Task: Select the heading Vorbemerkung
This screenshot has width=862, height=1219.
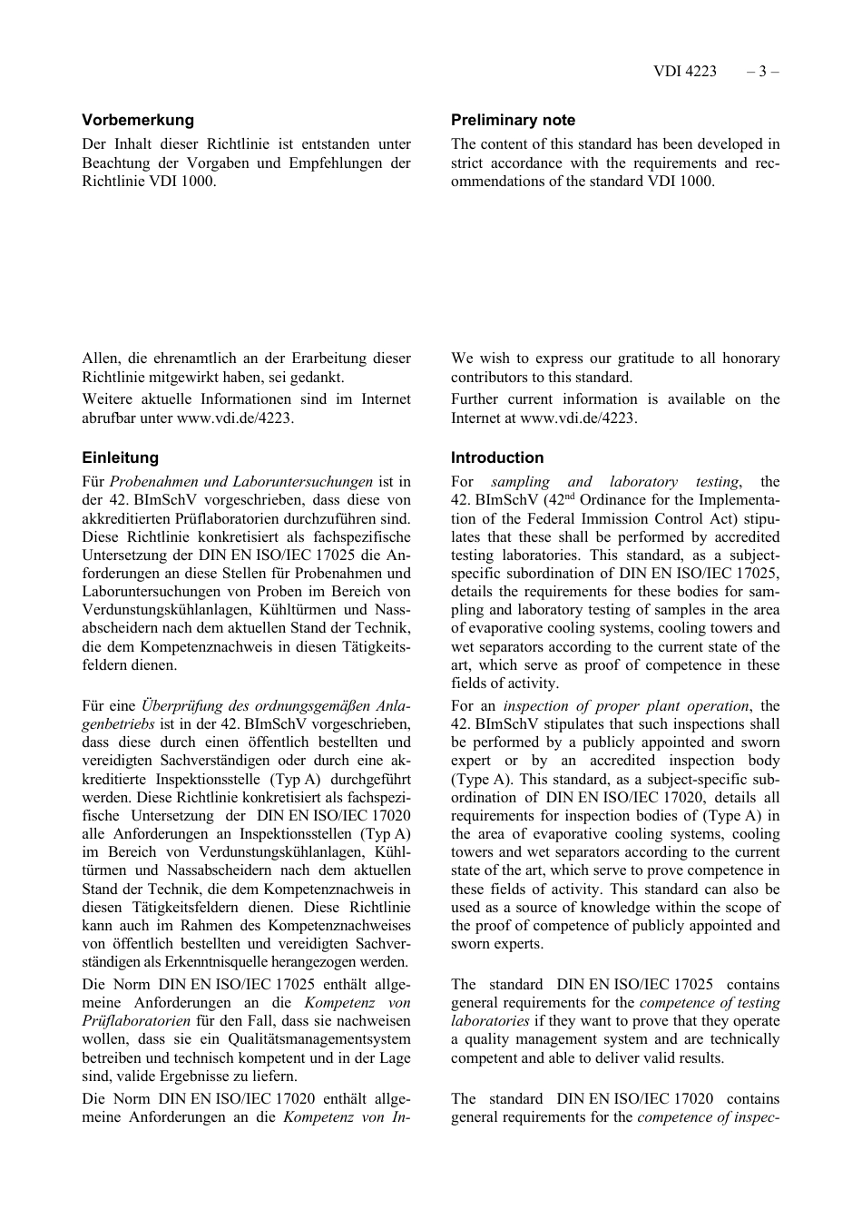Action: pos(138,120)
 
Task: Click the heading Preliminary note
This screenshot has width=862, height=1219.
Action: pos(513,120)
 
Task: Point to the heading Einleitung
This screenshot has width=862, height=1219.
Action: pos(120,457)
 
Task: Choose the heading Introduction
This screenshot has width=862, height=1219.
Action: pos(497,457)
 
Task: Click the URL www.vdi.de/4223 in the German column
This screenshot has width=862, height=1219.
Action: pos(234,418)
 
